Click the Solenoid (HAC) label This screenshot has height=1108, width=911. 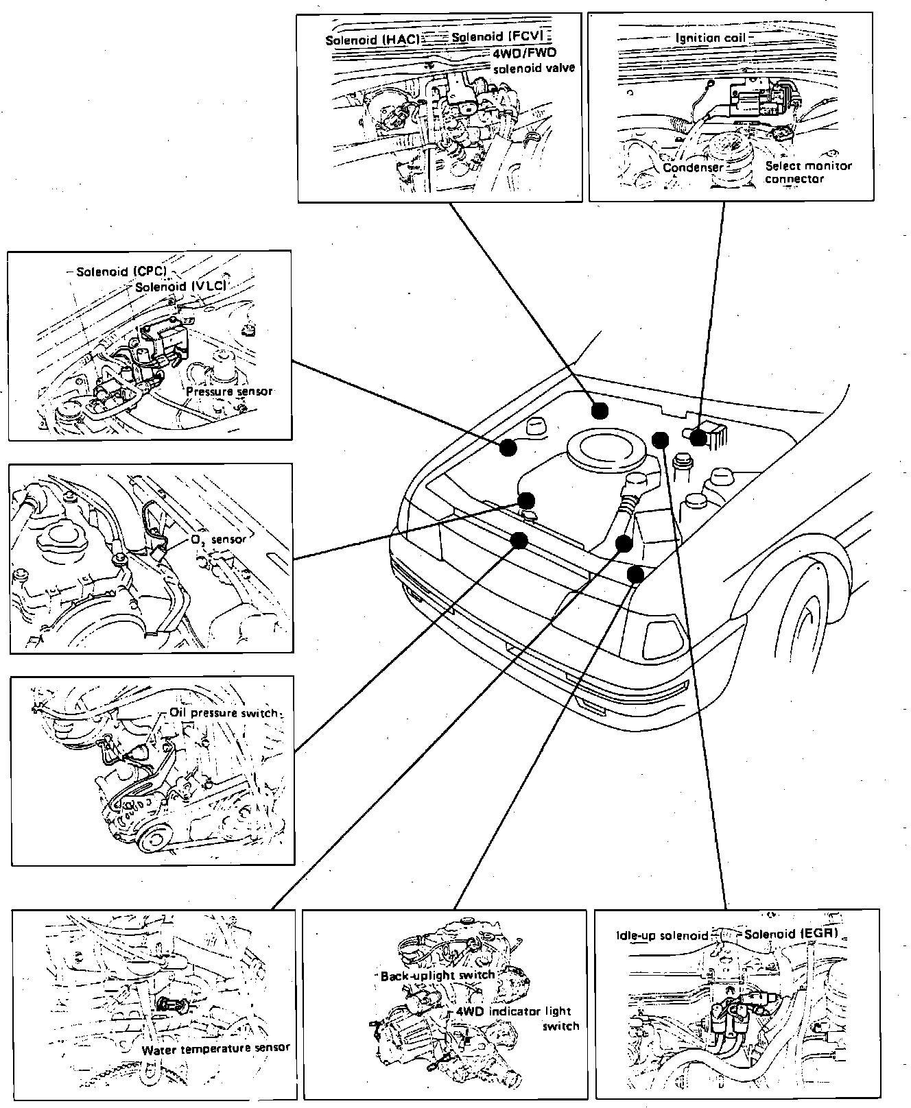(x=372, y=39)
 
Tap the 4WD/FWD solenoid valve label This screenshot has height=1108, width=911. (x=534, y=60)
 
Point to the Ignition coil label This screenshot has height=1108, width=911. (x=709, y=38)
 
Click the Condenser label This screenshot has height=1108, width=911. (x=693, y=167)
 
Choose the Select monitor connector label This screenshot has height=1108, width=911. (x=807, y=172)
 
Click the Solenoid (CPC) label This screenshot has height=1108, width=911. (x=121, y=272)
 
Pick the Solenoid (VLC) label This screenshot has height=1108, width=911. (x=180, y=285)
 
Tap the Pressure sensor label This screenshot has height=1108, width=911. (x=229, y=392)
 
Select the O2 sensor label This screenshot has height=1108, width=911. (x=217, y=540)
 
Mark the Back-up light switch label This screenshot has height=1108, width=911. (x=437, y=975)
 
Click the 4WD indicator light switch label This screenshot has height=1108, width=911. (x=518, y=1018)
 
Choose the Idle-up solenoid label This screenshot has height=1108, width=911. (x=661, y=935)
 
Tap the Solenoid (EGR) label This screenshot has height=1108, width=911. (x=790, y=934)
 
